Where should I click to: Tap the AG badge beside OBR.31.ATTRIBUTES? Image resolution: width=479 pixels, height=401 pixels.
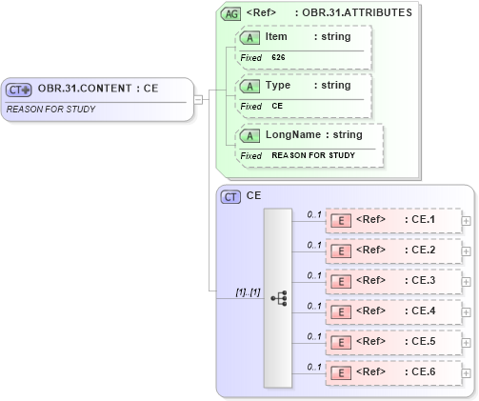coord(230,13)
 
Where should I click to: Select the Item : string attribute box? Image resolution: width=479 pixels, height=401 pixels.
coord(304,37)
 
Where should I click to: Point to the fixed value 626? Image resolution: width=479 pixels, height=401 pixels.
coord(278,57)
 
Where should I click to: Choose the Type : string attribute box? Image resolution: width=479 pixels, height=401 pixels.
coord(304,86)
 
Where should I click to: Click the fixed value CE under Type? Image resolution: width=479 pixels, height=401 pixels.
coord(277,106)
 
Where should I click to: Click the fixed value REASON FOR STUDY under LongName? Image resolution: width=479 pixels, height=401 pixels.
coord(313,155)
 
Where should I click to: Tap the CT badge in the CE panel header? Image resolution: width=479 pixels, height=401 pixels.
coord(230,196)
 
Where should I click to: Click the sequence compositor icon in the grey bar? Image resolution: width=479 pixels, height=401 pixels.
coord(278,298)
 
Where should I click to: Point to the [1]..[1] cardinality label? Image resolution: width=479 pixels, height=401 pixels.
coord(248,291)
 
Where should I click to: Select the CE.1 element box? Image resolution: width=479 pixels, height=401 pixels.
coord(393,220)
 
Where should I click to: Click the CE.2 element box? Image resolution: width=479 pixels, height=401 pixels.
coord(393,251)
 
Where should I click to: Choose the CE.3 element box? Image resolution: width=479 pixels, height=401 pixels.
coord(393,281)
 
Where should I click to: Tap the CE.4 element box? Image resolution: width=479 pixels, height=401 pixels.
coord(393,311)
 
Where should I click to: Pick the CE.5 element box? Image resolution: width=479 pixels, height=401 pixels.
coord(393,341)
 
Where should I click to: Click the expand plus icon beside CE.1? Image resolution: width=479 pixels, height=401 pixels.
coord(466,220)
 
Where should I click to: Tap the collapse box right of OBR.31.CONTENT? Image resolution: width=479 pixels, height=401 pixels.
coord(198,98)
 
